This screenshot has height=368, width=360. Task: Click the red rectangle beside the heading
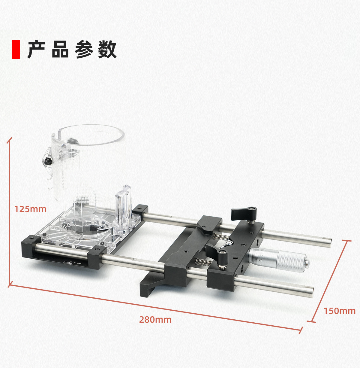[16, 49]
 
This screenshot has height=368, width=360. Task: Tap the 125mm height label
[30, 209]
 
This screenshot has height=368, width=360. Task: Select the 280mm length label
[155, 319]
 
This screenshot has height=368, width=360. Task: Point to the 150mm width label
[339, 311]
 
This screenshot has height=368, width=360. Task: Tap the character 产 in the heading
[36, 50]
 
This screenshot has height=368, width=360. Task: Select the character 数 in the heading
[107, 50]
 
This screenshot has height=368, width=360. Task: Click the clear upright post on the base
[124, 210]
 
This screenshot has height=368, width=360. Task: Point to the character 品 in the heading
[60, 50]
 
